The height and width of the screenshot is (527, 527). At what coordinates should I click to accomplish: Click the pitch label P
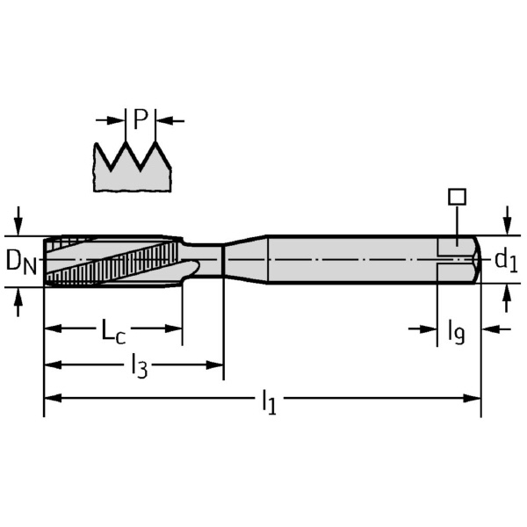tap(141, 119)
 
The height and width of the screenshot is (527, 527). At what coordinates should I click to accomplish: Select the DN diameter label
tap(21, 262)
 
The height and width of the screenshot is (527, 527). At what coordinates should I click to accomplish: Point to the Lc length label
tap(113, 331)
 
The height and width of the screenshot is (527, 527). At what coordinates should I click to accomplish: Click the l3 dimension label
tap(139, 366)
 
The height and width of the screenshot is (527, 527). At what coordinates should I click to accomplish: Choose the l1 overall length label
tap(270, 401)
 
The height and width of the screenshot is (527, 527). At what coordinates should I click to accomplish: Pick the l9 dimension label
tap(456, 332)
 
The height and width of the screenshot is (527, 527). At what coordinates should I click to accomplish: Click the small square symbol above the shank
tap(457, 197)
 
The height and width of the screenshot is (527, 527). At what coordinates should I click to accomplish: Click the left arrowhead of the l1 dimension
tap(53, 398)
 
